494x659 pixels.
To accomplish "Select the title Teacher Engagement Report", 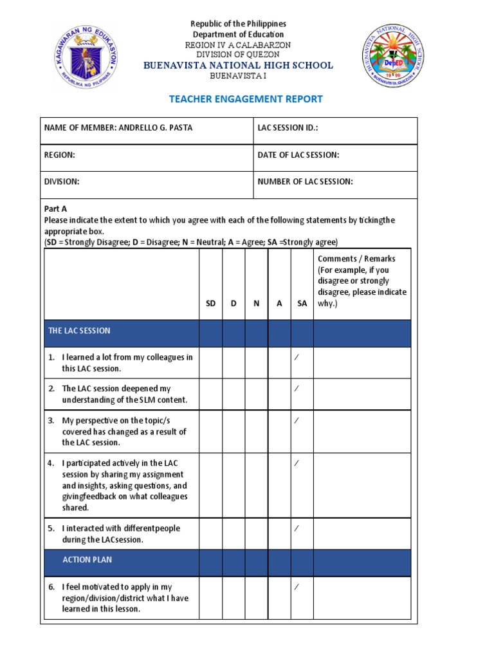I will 246,99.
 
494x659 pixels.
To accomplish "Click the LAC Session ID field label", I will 288,128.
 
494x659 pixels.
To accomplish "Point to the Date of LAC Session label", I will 298,155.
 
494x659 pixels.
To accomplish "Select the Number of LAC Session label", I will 305,181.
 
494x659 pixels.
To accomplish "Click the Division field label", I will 62,181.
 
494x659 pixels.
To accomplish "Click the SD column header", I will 210,303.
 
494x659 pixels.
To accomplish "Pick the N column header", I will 256,303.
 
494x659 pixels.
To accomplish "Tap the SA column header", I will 302,303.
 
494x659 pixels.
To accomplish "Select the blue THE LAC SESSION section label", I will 80,331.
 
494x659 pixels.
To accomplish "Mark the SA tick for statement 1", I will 297,357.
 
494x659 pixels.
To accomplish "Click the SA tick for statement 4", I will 297,463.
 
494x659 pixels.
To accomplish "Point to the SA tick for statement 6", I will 297,587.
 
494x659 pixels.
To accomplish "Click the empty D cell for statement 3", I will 233,431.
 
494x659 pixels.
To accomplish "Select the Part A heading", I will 55,209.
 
